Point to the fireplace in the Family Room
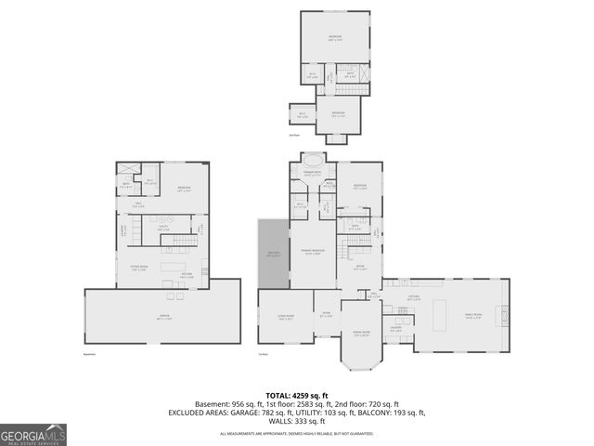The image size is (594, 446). click(x=506, y=315)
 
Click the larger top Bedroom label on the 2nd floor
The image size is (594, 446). click(x=334, y=38)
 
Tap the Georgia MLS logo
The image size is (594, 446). click(x=33, y=435)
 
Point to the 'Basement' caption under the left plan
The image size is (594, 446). click(x=89, y=354)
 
